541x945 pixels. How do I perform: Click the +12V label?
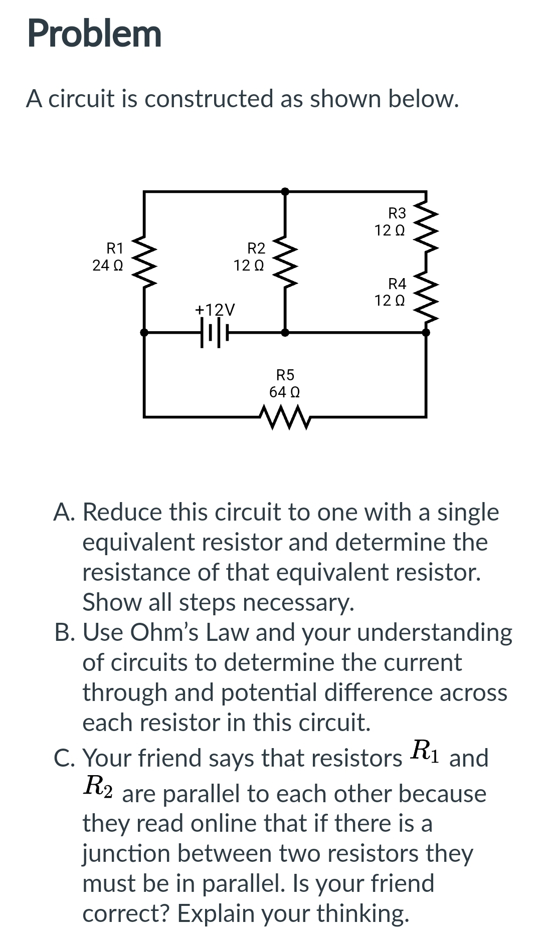point(215,310)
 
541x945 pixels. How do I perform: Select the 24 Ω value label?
point(108,266)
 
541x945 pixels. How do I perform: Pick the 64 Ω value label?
point(284,392)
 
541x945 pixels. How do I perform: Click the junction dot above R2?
point(285,191)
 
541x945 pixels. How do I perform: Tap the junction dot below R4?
point(426,332)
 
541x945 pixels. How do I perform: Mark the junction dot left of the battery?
point(144,332)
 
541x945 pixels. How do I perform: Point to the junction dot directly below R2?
point(285,332)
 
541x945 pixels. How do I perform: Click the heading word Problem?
point(94,34)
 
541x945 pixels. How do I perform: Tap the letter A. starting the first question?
point(64,513)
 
